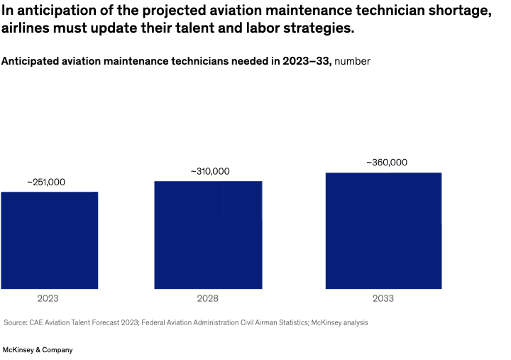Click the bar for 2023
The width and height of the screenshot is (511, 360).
(x=49, y=240)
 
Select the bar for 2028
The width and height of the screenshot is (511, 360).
(x=208, y=235)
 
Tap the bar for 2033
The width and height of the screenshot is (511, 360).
(x=383, y=231)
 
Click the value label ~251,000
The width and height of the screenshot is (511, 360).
(x=46, y=182)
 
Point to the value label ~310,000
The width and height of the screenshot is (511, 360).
(x=210, y=172)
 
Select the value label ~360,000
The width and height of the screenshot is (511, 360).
(x=387, y=163)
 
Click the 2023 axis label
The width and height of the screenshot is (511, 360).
(x=48, y=299)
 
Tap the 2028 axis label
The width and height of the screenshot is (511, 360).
(x=207, y=299)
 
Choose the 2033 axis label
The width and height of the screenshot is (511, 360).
(x=383, y=299)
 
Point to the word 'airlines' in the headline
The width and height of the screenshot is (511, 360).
(x=26, y=30)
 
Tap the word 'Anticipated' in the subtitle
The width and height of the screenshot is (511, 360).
(x=33, y=61)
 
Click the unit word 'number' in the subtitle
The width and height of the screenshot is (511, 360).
(x=352, y=61)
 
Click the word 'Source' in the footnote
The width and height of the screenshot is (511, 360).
(x=15, y=322)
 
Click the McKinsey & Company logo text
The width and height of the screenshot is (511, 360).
(x=38, y=350)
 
